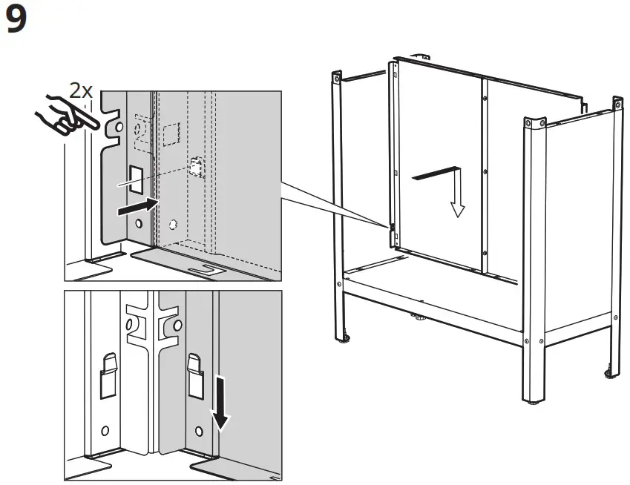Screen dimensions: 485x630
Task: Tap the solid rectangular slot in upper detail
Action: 137,178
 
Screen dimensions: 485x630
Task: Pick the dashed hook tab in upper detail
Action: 195,168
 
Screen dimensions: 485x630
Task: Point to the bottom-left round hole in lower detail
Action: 105,429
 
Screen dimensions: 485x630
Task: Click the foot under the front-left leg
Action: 344,340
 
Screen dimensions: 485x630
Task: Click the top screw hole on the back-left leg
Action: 337,77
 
